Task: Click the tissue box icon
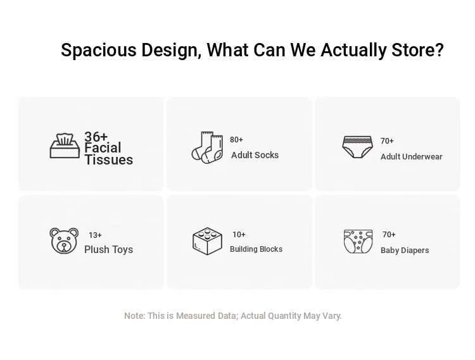tap(65, 146)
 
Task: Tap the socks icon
tap(207, 147)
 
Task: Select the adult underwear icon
tap(357, 147)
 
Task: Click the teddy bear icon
tap(64, 241)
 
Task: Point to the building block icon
tap(207, 241)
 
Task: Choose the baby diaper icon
tap(358, 242)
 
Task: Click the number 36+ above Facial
tap(96, 137)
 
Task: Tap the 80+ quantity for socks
tap(236, 139)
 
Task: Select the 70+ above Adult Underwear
tap(387, 140)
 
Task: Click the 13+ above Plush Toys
tap(95, 235)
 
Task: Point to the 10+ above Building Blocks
tap(239, 235)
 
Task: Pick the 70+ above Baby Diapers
tap(389, 235)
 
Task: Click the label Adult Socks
tap(255, 155)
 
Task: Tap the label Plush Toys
tap(108, 249)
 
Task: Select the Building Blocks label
tap(256, 249)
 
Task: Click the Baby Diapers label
tap(405, 250)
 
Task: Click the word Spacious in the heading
tap(98, 50)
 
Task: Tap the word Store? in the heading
tap(417, 49)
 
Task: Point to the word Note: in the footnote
tap(134, 316)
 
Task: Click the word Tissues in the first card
tap(108, 159)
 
